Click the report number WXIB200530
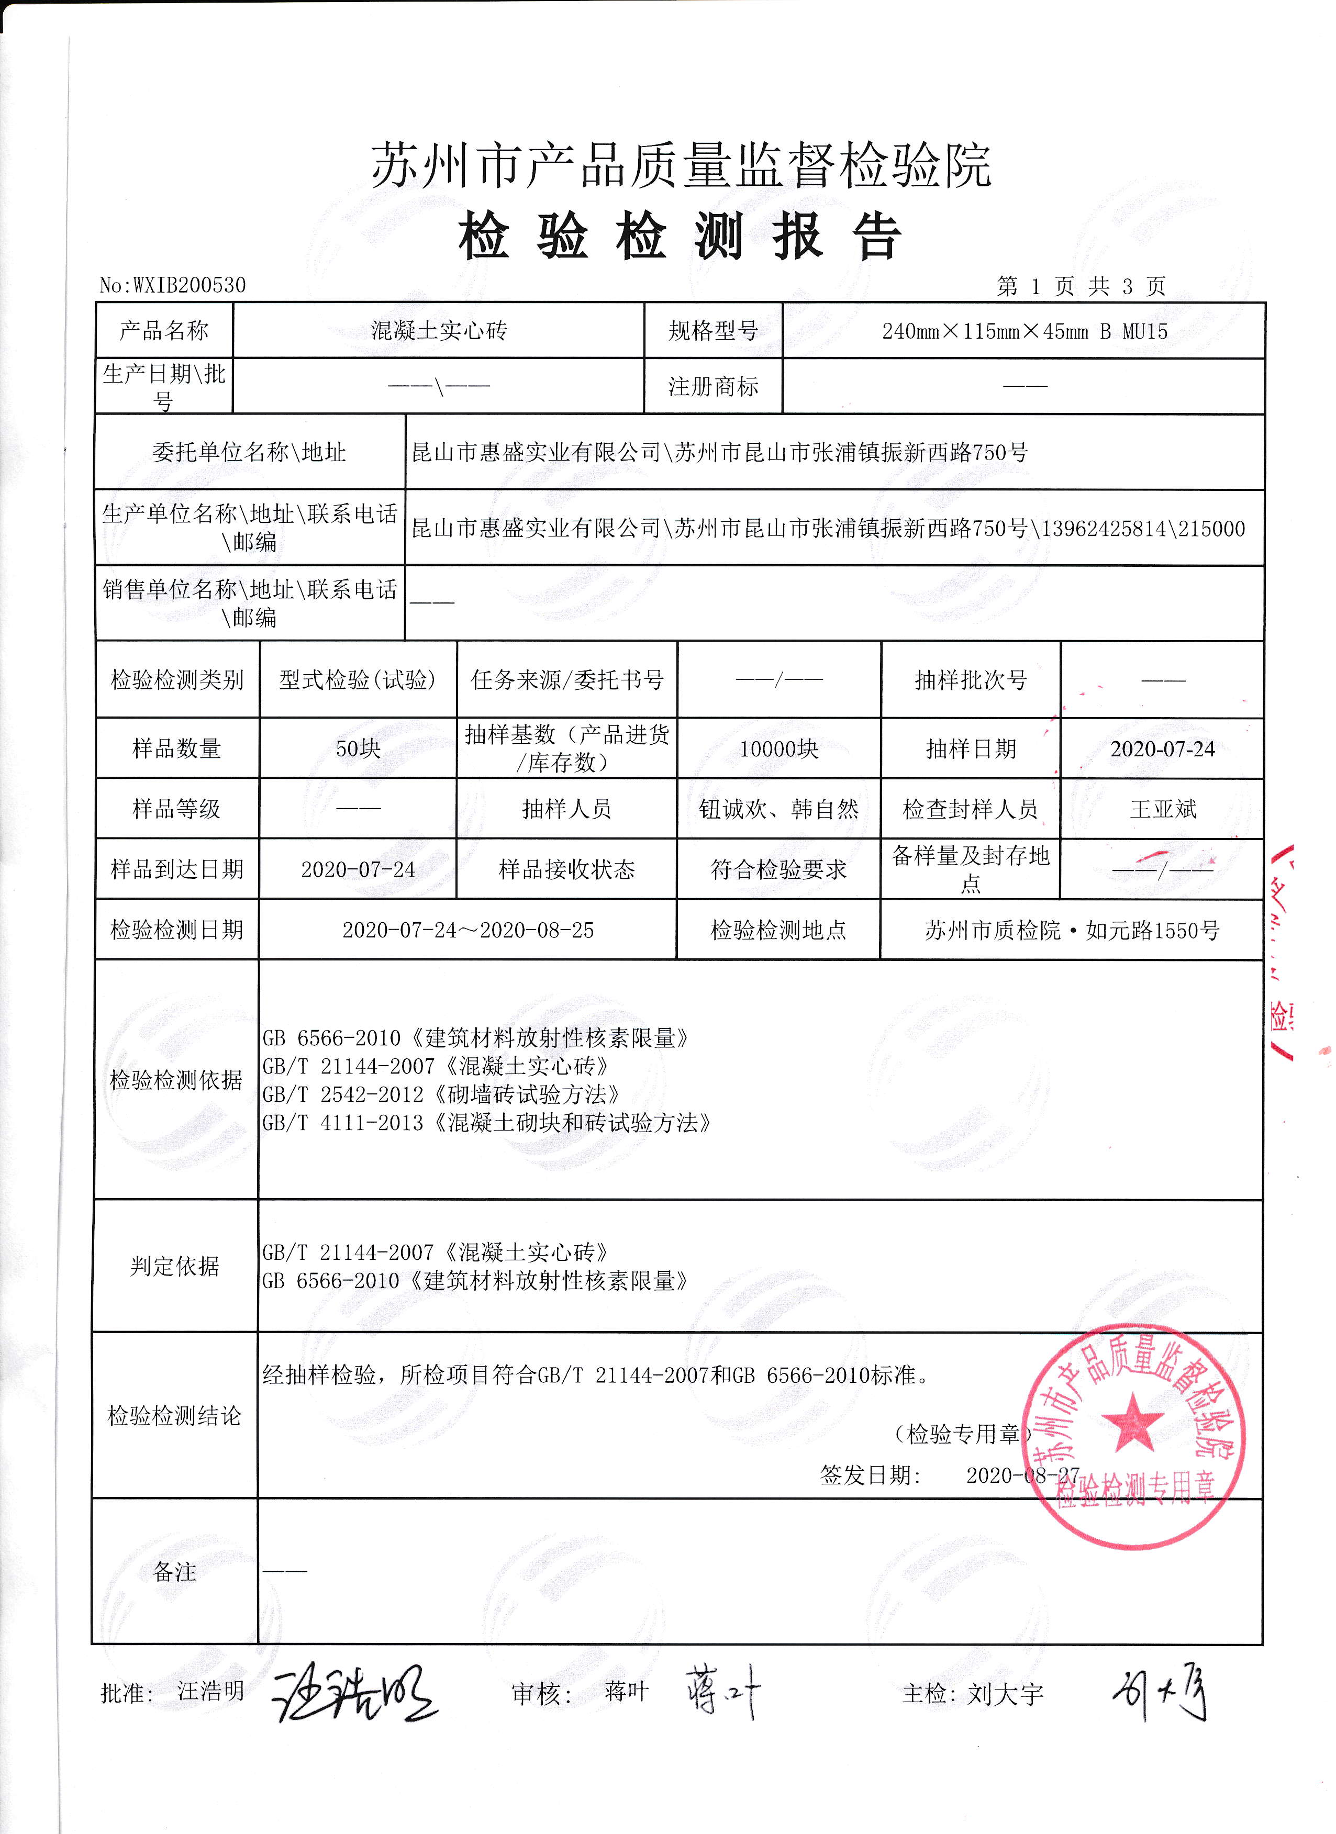tap(189, 285)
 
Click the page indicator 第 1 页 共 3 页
tap(1081, 286)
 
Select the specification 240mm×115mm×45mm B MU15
tap(1025, 331)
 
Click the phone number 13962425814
tap(1104, 529)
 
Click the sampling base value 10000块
tap(779, 749)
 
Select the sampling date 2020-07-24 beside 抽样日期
tap(1162, 749)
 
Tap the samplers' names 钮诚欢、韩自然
tap(779, 809)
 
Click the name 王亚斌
tap(1162, 809)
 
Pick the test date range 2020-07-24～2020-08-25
tap(467, 930)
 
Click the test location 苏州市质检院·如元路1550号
tap(1072, 930)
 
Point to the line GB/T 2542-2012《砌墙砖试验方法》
tap(441, 1095)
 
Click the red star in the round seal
tap(1133, 1423)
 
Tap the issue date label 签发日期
tap(870, 1476)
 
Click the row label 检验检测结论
tap(175, 1415)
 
